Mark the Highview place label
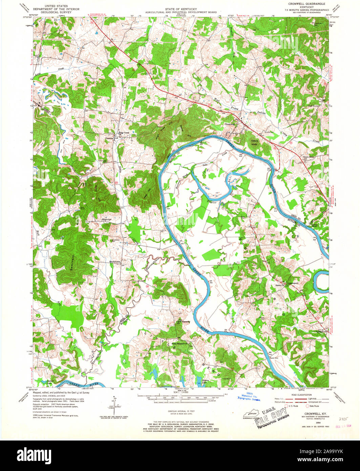[107, 220]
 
